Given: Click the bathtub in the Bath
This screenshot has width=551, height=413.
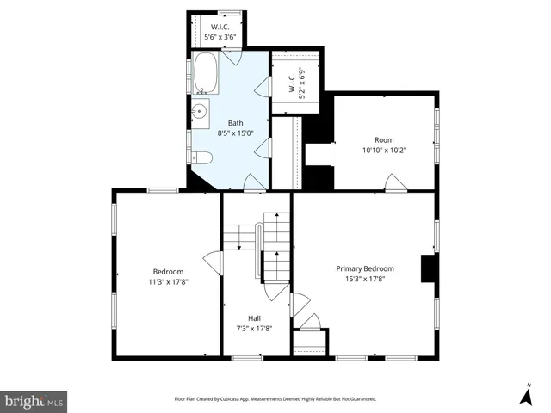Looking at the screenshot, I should point(207,74).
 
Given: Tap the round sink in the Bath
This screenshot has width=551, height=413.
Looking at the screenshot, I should point(199,110).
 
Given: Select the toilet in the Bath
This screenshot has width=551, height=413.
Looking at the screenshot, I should point(201,157).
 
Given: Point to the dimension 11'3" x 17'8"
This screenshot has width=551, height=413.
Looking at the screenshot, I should point(168,280).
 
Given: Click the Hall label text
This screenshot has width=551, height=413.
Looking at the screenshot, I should point(256,317).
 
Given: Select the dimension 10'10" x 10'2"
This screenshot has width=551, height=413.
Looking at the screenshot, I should point(383,151).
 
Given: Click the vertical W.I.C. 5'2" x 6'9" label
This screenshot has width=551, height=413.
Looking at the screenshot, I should point(296,84).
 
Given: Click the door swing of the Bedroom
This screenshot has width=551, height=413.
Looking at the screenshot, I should point(210,260).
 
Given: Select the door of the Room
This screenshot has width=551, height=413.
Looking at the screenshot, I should point(394,183).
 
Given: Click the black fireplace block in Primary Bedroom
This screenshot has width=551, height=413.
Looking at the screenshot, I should point(428,268).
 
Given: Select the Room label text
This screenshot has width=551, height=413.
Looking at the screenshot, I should point(383,139).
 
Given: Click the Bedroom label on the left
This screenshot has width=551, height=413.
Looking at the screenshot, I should point(168,271).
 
